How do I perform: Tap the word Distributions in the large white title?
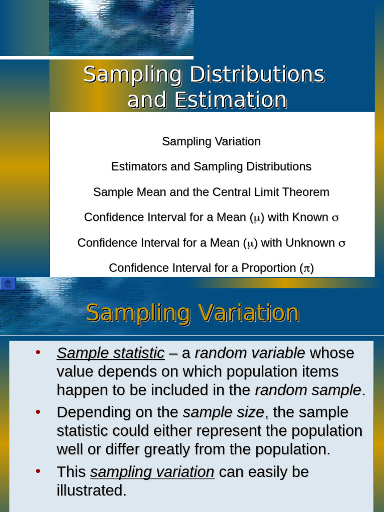coord(258,75)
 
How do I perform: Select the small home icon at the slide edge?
coord(8,284)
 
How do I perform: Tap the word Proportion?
coord(268,268)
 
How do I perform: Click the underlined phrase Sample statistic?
coord(111,353)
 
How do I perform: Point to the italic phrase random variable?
coord(250,353)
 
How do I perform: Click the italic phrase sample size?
coord(223,413)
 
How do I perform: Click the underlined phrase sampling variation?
coord(152,472)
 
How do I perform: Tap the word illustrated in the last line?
coord(92,491)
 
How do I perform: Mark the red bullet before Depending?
coord(38,412)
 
